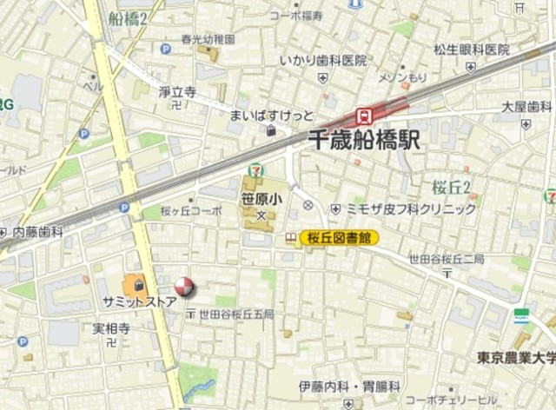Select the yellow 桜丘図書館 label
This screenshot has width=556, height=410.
click(x=339, y=236)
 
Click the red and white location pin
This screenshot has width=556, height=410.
click(x=184, y=287)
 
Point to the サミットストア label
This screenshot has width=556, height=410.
click(x=139, y=301)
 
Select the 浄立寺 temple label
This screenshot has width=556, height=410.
click(x=177, y=90)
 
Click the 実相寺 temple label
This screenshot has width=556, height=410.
click(x=112, y=329)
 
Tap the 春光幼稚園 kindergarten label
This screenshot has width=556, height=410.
click(x=208, y=38)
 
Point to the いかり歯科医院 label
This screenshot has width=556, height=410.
click(x=322, y=61)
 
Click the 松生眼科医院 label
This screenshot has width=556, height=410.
click(x=472, y=50)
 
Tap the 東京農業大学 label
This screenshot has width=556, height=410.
click(x=514, y=356)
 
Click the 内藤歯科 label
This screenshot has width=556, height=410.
click(x=38, y=232)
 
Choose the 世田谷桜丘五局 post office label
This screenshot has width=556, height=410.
click(x=235, y=314)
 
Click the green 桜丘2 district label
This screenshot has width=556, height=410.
click(x=452, y=186)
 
